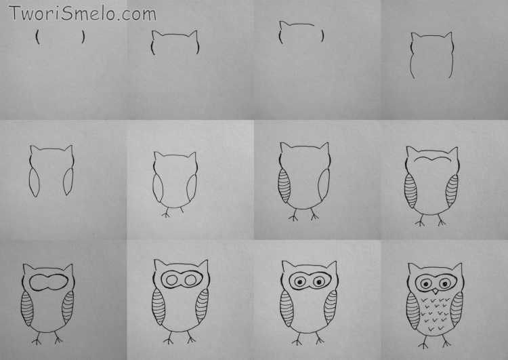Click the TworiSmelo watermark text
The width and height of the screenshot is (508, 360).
(83, 14)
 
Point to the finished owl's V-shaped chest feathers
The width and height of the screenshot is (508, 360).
(436, 314)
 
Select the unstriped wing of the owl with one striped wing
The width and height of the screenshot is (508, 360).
(324, 184)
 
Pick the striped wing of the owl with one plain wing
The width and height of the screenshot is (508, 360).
(284, 186)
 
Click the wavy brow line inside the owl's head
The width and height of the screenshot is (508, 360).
(433, 159)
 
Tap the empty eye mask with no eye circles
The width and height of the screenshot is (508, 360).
(49, 282)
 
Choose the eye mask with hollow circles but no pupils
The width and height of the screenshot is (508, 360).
(182, 279)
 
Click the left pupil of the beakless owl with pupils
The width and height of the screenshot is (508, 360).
(299, 281)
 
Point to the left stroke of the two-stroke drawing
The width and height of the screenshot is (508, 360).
(38, 37)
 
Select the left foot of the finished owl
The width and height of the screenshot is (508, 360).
(423, 342)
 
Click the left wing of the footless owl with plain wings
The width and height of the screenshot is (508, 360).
(34, 182)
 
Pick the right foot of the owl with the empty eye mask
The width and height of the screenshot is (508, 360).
(58, 338)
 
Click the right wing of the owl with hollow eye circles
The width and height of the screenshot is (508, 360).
(202, 306)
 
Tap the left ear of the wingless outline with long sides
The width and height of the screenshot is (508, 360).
(415, 37)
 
